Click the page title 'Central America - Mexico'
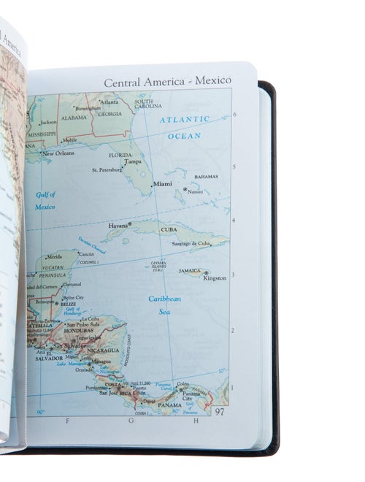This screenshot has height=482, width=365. tap(167, 81)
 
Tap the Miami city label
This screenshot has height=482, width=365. tap(163, 184)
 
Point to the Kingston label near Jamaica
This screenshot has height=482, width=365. tap(215, 278)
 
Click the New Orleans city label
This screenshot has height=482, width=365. tap(58, 154)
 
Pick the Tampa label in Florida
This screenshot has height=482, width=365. tap(133, 162)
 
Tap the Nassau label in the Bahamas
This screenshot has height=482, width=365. tap(195, 191)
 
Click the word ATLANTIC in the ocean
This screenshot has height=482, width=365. tap(185, 119)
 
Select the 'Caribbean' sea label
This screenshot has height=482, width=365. tap(165, 299)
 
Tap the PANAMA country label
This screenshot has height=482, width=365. tap(170, 405)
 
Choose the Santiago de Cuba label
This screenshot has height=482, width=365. tap(191, 243)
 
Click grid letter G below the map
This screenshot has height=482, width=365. tap(131, 421)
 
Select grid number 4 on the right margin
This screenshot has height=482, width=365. tap(234, 220)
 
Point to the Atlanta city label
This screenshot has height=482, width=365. tap(109, 102)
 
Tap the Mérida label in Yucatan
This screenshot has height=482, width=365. tap(54, 258)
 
